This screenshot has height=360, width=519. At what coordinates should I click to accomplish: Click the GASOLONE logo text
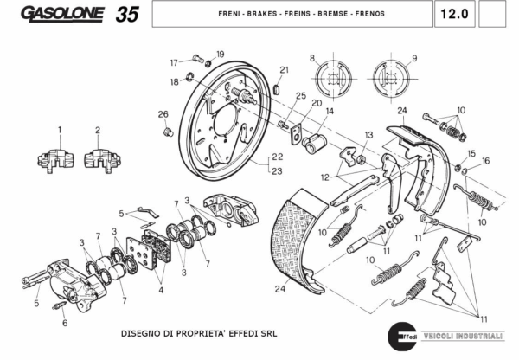point(62,14)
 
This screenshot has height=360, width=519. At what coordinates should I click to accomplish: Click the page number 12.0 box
point(453,15)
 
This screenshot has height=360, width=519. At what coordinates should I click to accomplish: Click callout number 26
point(162,114)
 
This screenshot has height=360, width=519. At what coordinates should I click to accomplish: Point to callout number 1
point(60,131)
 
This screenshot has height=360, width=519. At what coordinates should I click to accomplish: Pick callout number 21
point(284,70)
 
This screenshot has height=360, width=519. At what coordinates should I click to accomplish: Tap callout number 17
point(174,62)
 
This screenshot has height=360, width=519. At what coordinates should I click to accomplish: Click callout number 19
point(220,55)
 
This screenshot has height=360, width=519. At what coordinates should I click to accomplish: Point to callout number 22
point(277,157)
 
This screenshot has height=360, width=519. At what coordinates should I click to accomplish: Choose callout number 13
point(368,135)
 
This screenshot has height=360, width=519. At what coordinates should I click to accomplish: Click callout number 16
point(485,161)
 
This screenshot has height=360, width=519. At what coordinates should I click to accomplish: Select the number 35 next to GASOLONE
point(126,15)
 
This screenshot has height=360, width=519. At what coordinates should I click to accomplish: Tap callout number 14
point(330,112)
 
